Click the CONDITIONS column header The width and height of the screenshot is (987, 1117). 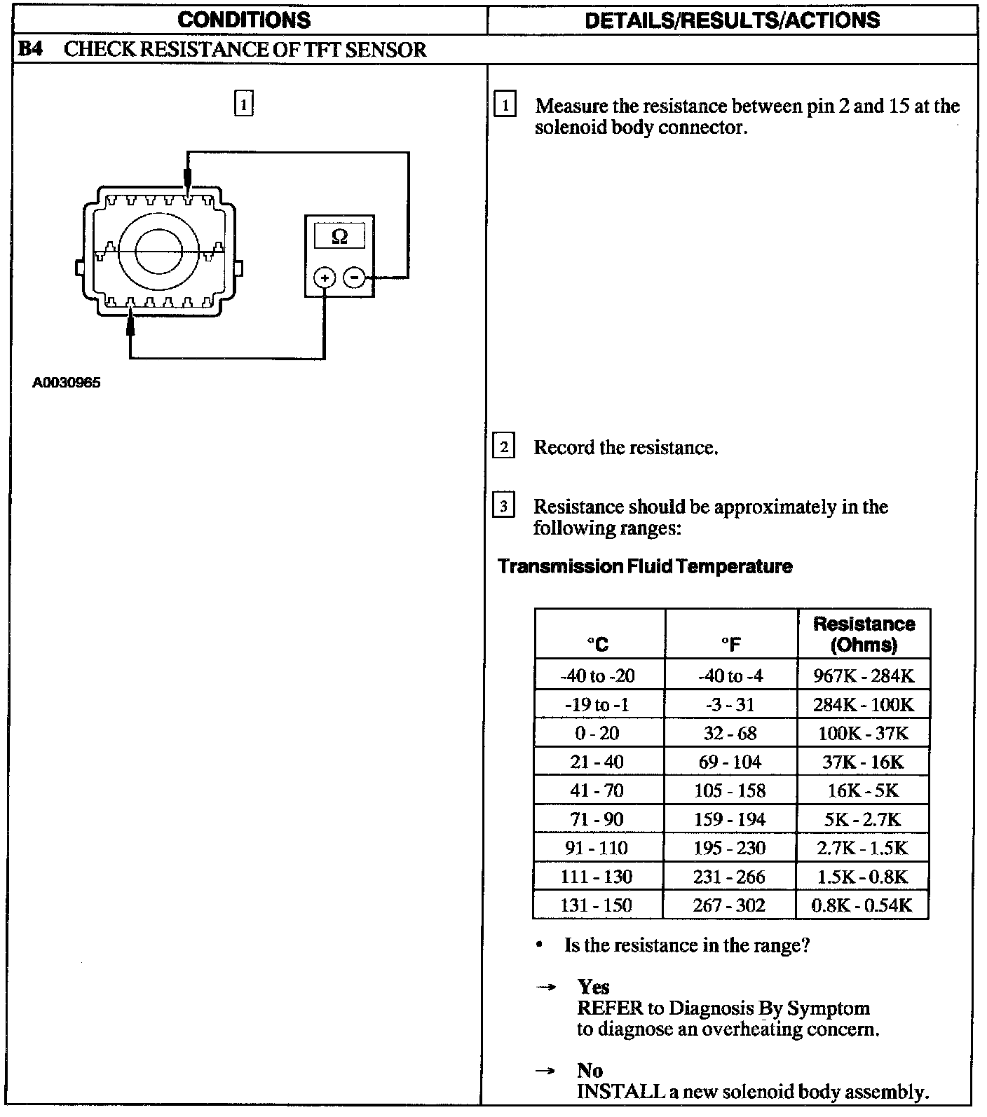244,20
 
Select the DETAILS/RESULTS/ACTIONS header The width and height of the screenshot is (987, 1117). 732,20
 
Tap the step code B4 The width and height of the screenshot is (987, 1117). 29,50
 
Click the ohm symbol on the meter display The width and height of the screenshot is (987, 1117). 339,237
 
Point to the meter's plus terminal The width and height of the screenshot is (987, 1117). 324,277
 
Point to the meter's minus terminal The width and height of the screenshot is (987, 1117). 355,277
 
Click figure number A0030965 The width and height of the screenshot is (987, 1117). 67,383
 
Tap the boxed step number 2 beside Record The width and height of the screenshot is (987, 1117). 504,446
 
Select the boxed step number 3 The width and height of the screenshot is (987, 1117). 504,505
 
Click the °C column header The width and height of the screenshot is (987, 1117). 598,644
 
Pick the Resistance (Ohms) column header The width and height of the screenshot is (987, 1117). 864,634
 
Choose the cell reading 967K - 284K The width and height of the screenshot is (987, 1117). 864,676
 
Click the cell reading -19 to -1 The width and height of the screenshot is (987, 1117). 597,704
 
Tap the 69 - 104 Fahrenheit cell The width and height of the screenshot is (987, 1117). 730,762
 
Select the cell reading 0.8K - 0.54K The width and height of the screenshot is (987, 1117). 862,905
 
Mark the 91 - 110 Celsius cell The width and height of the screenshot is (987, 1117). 597,848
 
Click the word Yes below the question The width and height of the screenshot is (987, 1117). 593,987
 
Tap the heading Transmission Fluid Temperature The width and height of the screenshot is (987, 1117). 645,566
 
